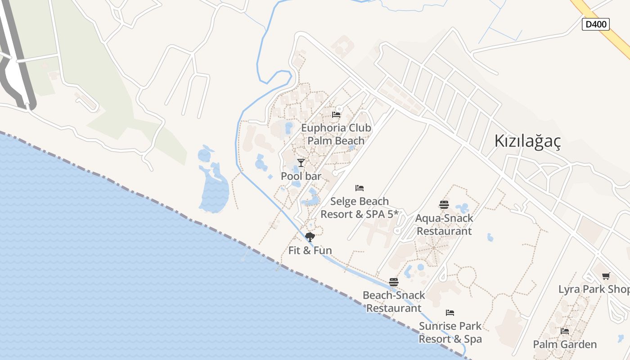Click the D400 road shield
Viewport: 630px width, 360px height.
(595, 24)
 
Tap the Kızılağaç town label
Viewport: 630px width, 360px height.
(527, 141)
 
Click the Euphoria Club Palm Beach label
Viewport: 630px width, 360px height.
(336, 134)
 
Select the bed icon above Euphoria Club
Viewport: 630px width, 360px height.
(336, 115)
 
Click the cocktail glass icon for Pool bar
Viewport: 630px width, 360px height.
(301, 162)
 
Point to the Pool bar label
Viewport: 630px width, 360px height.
(301, 176)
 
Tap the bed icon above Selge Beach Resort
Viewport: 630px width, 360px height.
(359, 188)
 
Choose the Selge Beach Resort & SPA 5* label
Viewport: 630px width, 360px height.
(359, 208)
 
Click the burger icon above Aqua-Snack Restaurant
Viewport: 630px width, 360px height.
(444, 205)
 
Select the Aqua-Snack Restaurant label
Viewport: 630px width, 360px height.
(444, 225)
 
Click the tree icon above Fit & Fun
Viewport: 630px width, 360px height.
(310, 237)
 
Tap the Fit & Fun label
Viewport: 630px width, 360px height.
(310, 251)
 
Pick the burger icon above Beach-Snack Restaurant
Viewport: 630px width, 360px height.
(394, 282)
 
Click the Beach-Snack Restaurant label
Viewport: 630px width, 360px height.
(394, 302)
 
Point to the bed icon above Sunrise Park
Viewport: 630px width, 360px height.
(450, 313)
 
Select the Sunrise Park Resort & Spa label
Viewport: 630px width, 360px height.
(450, 333)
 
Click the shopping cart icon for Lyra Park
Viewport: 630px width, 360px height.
(606, 276)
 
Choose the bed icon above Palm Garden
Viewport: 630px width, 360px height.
(565, 331)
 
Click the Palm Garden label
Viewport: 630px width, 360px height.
(565, 345)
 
